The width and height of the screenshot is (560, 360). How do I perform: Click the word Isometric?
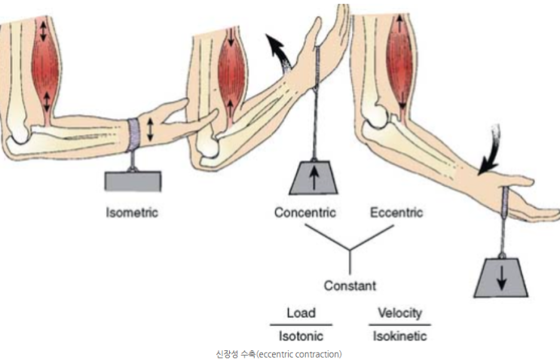click(x=132, y=212)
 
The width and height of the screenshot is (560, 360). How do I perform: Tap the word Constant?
click(x=350, y=285)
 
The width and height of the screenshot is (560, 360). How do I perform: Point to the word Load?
click(x=301, y=313)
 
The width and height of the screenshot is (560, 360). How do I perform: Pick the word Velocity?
click(x=399, y=313)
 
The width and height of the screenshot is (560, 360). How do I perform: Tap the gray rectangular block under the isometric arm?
click(x=133, y=180)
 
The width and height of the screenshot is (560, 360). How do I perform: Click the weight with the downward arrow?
click(x=500, y=278)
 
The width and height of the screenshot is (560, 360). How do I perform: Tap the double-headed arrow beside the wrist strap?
click(x=150, y=130)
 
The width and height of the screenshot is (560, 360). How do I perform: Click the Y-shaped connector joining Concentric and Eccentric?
click(x=350, y=252)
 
